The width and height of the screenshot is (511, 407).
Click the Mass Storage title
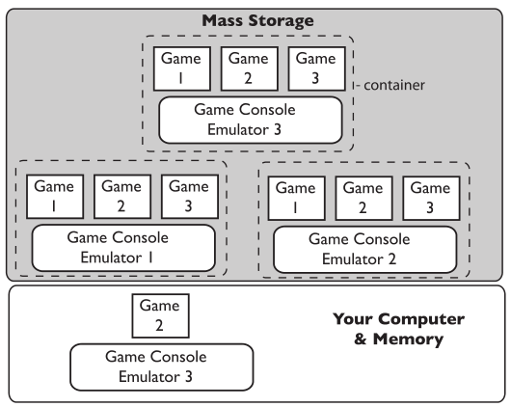coord(257,20)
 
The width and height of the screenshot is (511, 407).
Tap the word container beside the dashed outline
coord(394,85)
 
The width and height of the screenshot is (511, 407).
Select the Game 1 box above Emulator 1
coord(55,197)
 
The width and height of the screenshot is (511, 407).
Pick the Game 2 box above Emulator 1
coord(122,197)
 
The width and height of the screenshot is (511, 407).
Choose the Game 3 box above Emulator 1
coord(190,197)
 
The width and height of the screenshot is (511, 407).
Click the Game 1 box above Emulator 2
coord(297,199)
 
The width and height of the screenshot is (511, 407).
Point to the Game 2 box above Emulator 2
coord(364,199)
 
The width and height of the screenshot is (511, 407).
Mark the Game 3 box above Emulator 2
coord(432,199)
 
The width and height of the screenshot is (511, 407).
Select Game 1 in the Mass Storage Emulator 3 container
coord(182,68)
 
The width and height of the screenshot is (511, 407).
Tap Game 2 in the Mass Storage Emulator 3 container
coord(250,68)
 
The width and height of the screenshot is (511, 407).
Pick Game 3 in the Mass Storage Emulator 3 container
coord(317,68)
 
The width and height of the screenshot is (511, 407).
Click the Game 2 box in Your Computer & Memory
coord(160,316)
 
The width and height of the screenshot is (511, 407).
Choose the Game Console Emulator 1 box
coord(123,248)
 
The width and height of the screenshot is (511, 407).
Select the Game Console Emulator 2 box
coord(365,250)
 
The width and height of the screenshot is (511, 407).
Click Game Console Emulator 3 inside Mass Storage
coord(251,120)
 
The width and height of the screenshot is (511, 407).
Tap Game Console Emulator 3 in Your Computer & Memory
coord(162,366)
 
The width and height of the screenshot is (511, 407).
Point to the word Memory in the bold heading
coord(408,339)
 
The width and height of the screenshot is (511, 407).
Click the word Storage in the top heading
coord(281,21)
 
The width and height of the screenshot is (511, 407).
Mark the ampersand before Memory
coord(361,339)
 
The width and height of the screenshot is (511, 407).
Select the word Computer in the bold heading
coord(422,319)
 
